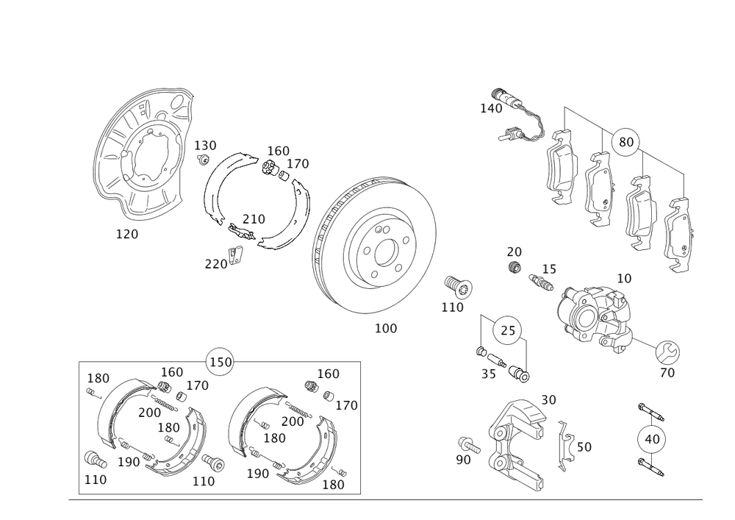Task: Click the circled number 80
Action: click(x=625, y=143)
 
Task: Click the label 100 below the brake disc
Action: click(x=386, y=329)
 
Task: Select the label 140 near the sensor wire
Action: click(x=490, y=108)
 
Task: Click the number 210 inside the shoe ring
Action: click(x=254, y=218)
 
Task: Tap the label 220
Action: click(x=215, y=263)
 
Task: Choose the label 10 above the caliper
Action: click(x=623, y=279)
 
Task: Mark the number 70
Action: click(x=667, y=372)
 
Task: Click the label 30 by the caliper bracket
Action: click(x=548, y=399)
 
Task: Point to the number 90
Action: click(x=462, y=459)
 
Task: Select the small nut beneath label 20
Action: click(x=514, y=267)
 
